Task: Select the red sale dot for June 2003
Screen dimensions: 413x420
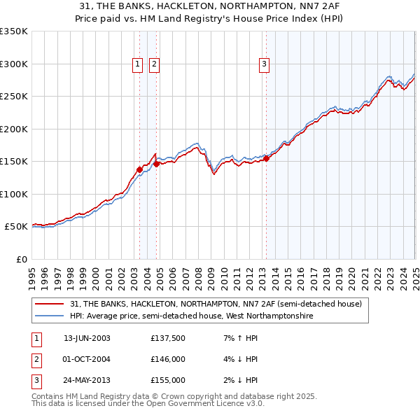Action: (139, 169)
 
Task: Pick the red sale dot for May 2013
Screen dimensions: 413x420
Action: (267, 158)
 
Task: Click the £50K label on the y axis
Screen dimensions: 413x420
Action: (16, 227)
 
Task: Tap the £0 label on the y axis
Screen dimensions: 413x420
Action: (22, 259)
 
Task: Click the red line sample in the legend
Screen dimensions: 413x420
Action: (50, 304)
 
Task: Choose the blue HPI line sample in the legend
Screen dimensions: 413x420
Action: (50, 316)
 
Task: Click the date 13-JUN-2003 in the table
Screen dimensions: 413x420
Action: (87, 339)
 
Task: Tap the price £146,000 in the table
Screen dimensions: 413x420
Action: (168, 360)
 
